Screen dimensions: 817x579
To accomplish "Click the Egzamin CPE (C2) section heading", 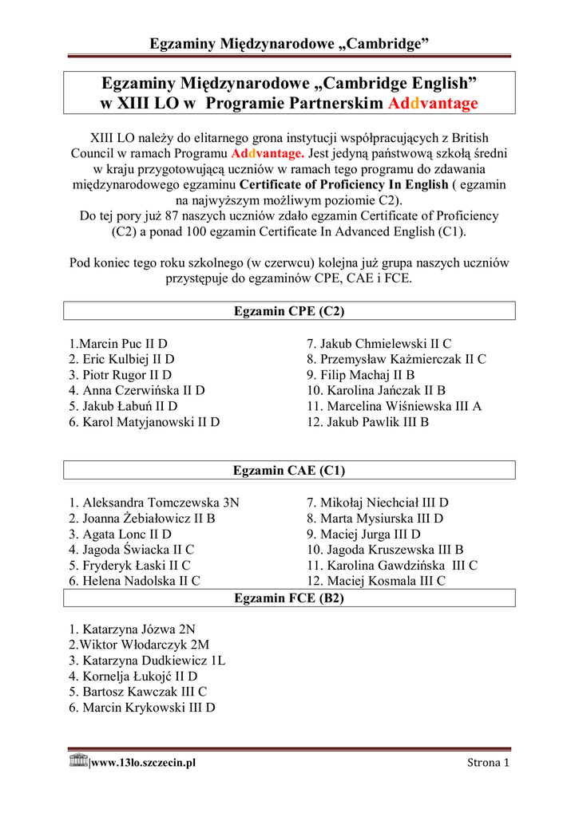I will [x=289, y=310].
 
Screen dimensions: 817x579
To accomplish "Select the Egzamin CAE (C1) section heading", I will [x=289, y=471].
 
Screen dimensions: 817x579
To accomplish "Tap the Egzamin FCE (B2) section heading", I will [x=289, y=598].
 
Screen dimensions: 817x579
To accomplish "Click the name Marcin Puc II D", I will [x=117, y=344].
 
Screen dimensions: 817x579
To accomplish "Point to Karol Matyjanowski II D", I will [x=144, y=422].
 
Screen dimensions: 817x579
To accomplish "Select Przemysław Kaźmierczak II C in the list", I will [x=396, y=360].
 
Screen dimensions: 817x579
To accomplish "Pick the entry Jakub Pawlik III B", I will [x=367, y=422].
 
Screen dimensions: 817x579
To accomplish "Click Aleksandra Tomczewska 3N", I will [x=153, y=503].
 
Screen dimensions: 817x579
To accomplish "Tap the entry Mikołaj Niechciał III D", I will [x=378, y=503].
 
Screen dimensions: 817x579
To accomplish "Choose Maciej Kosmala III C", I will [x=375, y=581].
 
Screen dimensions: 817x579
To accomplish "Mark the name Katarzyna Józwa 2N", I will [x=132, y=630].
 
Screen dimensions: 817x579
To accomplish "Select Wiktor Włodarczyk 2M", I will [x=139, y=645].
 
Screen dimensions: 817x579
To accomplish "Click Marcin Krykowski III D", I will [x=141, y=708].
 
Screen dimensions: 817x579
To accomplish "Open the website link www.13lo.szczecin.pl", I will [x=144, y=764].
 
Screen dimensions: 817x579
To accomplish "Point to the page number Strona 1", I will [x=488, y=764].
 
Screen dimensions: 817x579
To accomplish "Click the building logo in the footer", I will [x=78, y=760].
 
